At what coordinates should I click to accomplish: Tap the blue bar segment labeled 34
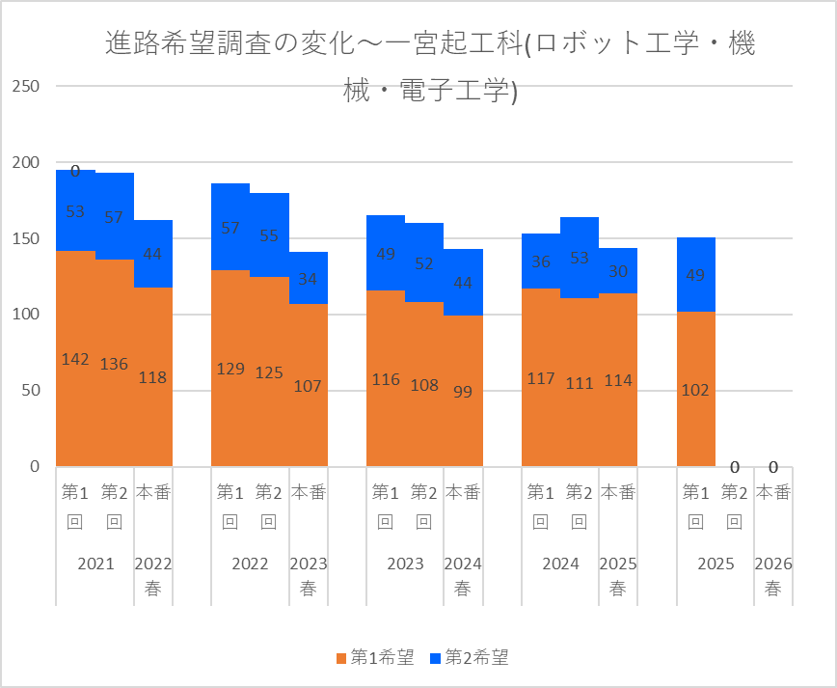309,278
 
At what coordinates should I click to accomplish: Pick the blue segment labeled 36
541,261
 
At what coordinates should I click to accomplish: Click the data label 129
230,369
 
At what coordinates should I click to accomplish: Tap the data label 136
114,365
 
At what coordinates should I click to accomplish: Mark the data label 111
580,383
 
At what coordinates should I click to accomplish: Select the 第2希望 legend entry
469,658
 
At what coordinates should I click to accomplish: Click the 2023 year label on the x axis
405,564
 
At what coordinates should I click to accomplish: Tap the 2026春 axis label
772,575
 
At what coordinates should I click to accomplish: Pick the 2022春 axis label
152,575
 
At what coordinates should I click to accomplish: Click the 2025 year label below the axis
715,564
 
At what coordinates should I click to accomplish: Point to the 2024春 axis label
463,575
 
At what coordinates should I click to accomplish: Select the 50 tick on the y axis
30,391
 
